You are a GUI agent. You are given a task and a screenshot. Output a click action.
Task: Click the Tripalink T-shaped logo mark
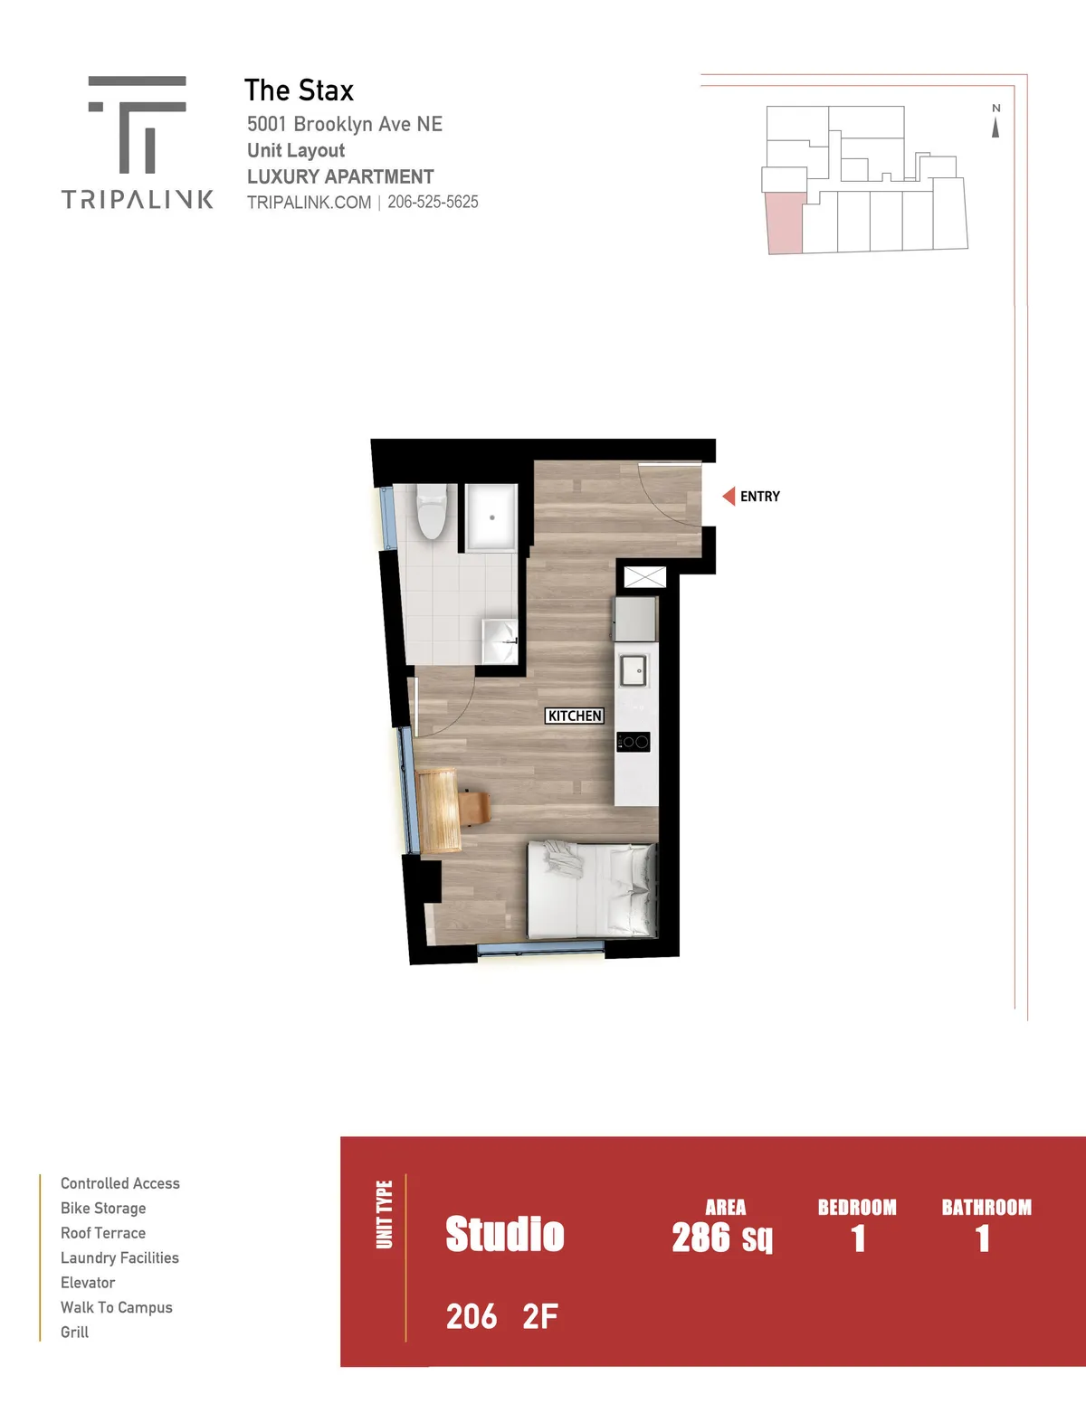pyautogui.click(x=137, y=124)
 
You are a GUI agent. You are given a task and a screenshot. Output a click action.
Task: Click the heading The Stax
pyautogui.click(x=300, y=90)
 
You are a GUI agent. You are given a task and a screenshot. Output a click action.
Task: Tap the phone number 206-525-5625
pyautogui.click(x=433, y=203)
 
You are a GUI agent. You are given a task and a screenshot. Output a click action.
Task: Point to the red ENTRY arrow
pyautogui.click(x=729, y=497)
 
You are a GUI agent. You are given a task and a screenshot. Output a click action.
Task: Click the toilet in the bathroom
pyautogui.click(x=432, y=511)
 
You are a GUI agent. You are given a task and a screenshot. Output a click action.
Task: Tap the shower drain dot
pyautogui.click(x=492, y=517)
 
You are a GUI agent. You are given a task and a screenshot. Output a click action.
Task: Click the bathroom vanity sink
pyautogui.click(x=500, y=641)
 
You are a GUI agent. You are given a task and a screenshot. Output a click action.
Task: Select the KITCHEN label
pyautogui.click(x=575, y=716)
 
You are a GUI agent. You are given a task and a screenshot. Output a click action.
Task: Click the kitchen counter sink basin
pyautogui.click(x=633, y=670)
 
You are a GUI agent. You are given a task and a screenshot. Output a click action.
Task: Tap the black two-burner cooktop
pyautogui.click(x=633, y=742)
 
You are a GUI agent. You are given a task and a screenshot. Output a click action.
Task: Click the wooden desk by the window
pyautogui.click(x=439, y=810)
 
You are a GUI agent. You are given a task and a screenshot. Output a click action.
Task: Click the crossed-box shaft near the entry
pyautogui.click(x=644, y=577)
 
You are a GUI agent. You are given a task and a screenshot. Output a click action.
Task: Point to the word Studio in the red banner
pyautogui.click(x=505, y=1234)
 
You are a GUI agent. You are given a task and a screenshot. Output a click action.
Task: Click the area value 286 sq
pyautogui.click(x=721, y=1238)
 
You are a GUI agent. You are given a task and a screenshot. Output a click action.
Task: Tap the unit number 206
pyautogui.click(x=472, y=1316)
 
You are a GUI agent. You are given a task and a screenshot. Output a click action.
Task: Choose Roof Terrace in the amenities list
pyautogui.click(x=103, y=1233)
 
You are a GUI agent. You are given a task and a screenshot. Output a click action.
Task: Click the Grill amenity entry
pyautogui.click(x=75, y=1333)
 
